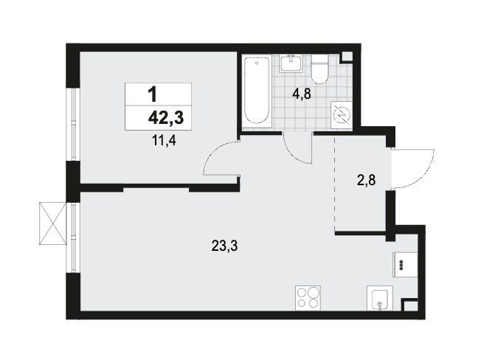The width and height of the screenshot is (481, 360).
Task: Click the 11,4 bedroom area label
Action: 164,141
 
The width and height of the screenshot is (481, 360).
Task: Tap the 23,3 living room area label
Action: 224,246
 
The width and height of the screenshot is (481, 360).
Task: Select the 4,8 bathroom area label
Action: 302,94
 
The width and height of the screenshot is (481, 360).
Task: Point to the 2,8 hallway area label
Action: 366,180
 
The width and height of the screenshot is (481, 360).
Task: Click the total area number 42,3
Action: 166,118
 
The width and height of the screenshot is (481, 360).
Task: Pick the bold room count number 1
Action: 153,94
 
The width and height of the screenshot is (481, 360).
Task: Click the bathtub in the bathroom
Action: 257,91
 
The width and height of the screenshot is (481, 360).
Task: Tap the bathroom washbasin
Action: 291,63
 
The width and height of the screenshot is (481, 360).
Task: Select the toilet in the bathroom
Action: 319,69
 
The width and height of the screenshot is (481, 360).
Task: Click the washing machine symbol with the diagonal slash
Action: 342,114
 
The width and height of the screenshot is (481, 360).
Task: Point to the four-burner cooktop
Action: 308,298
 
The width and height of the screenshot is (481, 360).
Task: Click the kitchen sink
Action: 380,298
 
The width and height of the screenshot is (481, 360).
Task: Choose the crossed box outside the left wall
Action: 53,224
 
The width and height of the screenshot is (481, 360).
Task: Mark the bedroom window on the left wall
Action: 73,125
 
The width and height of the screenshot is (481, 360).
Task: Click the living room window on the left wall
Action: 73,238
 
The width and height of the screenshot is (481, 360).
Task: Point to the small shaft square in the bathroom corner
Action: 347,57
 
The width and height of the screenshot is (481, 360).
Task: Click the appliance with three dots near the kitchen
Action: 405,265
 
